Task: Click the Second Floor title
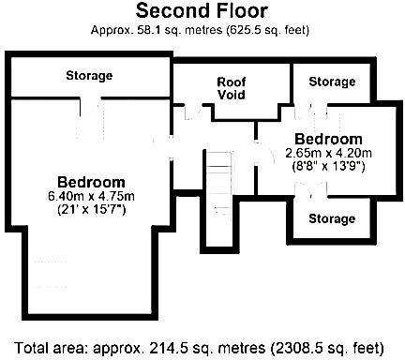pos(202,12)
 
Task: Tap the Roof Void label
pos(231,88)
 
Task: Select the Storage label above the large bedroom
pos(89,75)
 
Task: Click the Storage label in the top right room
pos(332,82)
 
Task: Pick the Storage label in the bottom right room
pos(332,219)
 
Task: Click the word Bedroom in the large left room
pos(91,181)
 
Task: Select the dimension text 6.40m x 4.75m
pos(91,196)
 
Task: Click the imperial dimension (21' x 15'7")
pos(91,210)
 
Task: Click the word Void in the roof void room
pos(231,96)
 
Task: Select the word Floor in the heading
pos(236,12)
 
